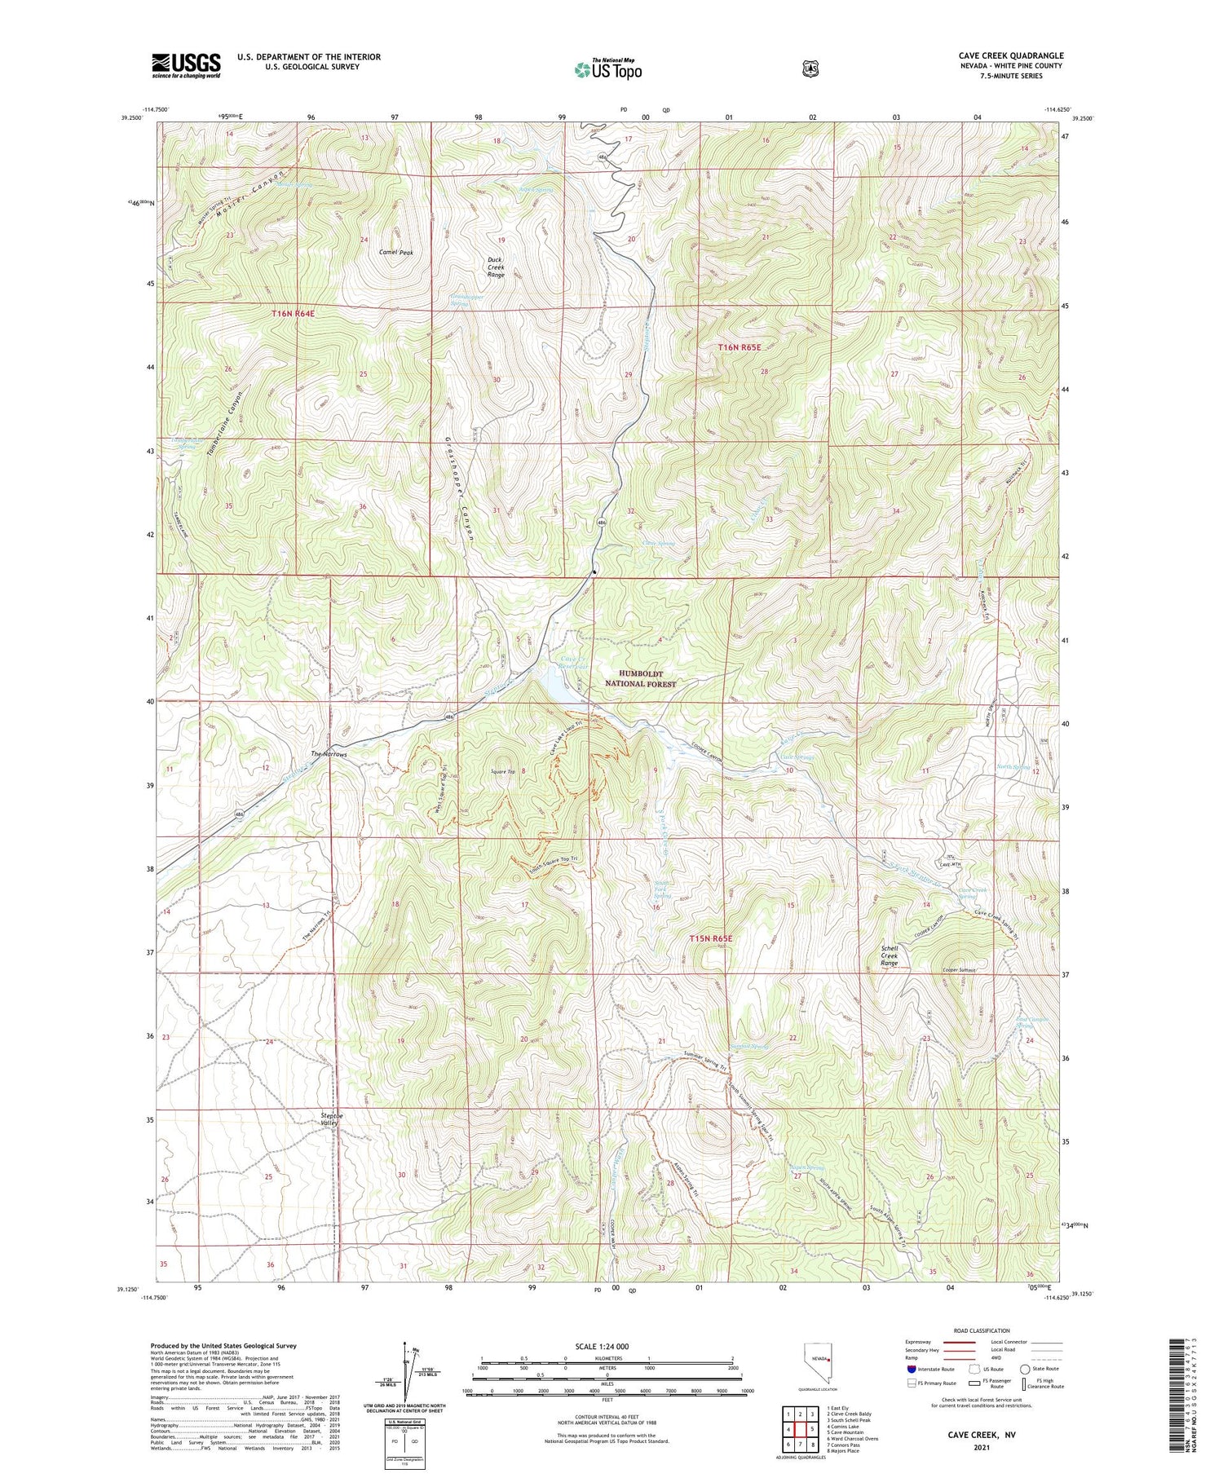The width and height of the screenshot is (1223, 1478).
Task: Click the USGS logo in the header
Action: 186,65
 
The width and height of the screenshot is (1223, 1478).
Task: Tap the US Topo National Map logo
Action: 608,69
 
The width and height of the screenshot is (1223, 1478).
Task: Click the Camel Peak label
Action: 396,253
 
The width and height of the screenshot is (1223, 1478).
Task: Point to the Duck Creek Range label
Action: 496,267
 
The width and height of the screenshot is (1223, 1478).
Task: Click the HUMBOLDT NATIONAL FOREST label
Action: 640,678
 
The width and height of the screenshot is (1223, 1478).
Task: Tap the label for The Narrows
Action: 329,755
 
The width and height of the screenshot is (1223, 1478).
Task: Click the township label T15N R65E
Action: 711,938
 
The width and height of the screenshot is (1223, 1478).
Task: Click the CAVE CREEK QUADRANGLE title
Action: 1011,55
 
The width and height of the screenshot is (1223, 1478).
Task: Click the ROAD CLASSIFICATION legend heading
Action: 987,1330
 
